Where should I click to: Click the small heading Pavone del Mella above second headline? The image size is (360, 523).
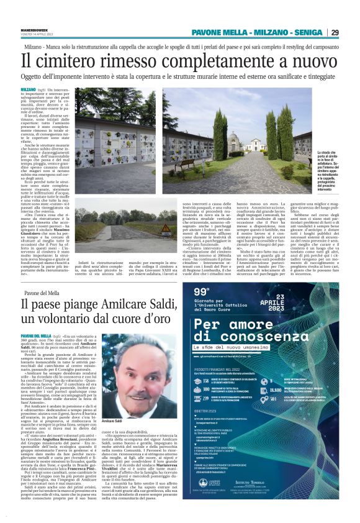(42, 291)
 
